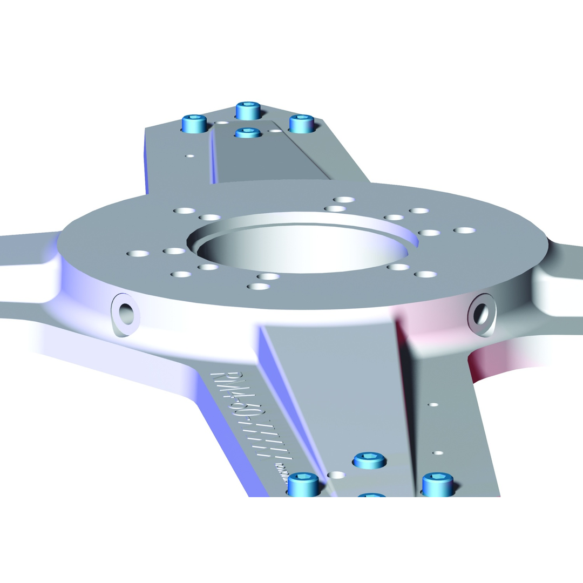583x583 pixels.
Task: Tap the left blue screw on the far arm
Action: click(195, 124)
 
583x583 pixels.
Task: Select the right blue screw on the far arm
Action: click(302, 123)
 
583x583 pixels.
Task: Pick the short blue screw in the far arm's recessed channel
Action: click(247, 132)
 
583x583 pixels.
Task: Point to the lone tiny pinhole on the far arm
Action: click(190, 156)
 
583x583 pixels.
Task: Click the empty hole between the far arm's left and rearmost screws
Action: click(221, 123)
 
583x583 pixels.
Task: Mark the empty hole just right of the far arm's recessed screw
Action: click(275, 131)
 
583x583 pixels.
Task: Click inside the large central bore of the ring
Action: click(302, 248)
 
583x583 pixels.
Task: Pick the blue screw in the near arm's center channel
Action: click(370, 460)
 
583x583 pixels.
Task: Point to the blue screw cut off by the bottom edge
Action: click(371, 495)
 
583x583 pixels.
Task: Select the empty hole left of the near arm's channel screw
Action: click(336, 475)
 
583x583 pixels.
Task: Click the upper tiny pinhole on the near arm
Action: click(433, 404)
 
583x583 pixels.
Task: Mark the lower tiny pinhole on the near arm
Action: click(438, 452)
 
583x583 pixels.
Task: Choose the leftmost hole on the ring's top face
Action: click(138, 253)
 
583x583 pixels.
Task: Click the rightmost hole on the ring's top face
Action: click(464, 231)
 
